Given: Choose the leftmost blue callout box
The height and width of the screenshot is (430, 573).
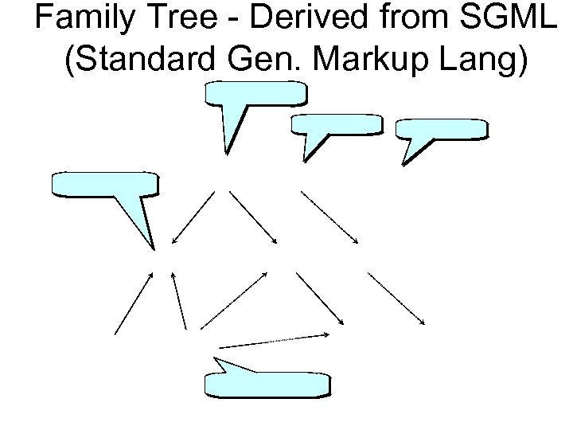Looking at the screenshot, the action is pos(103,184).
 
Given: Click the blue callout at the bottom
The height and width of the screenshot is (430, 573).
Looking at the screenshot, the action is pos(266,383).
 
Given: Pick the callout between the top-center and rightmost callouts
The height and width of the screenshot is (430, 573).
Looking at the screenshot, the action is pos(339,125).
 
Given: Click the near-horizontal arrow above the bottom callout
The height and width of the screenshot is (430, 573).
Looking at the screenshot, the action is pos(275,340).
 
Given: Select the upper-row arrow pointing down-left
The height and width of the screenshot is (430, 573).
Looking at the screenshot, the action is pos(193,217).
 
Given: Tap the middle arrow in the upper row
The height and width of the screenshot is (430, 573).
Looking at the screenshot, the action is pos(254,217).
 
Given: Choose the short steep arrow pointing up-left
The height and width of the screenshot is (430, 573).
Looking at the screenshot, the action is pos(178,300).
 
